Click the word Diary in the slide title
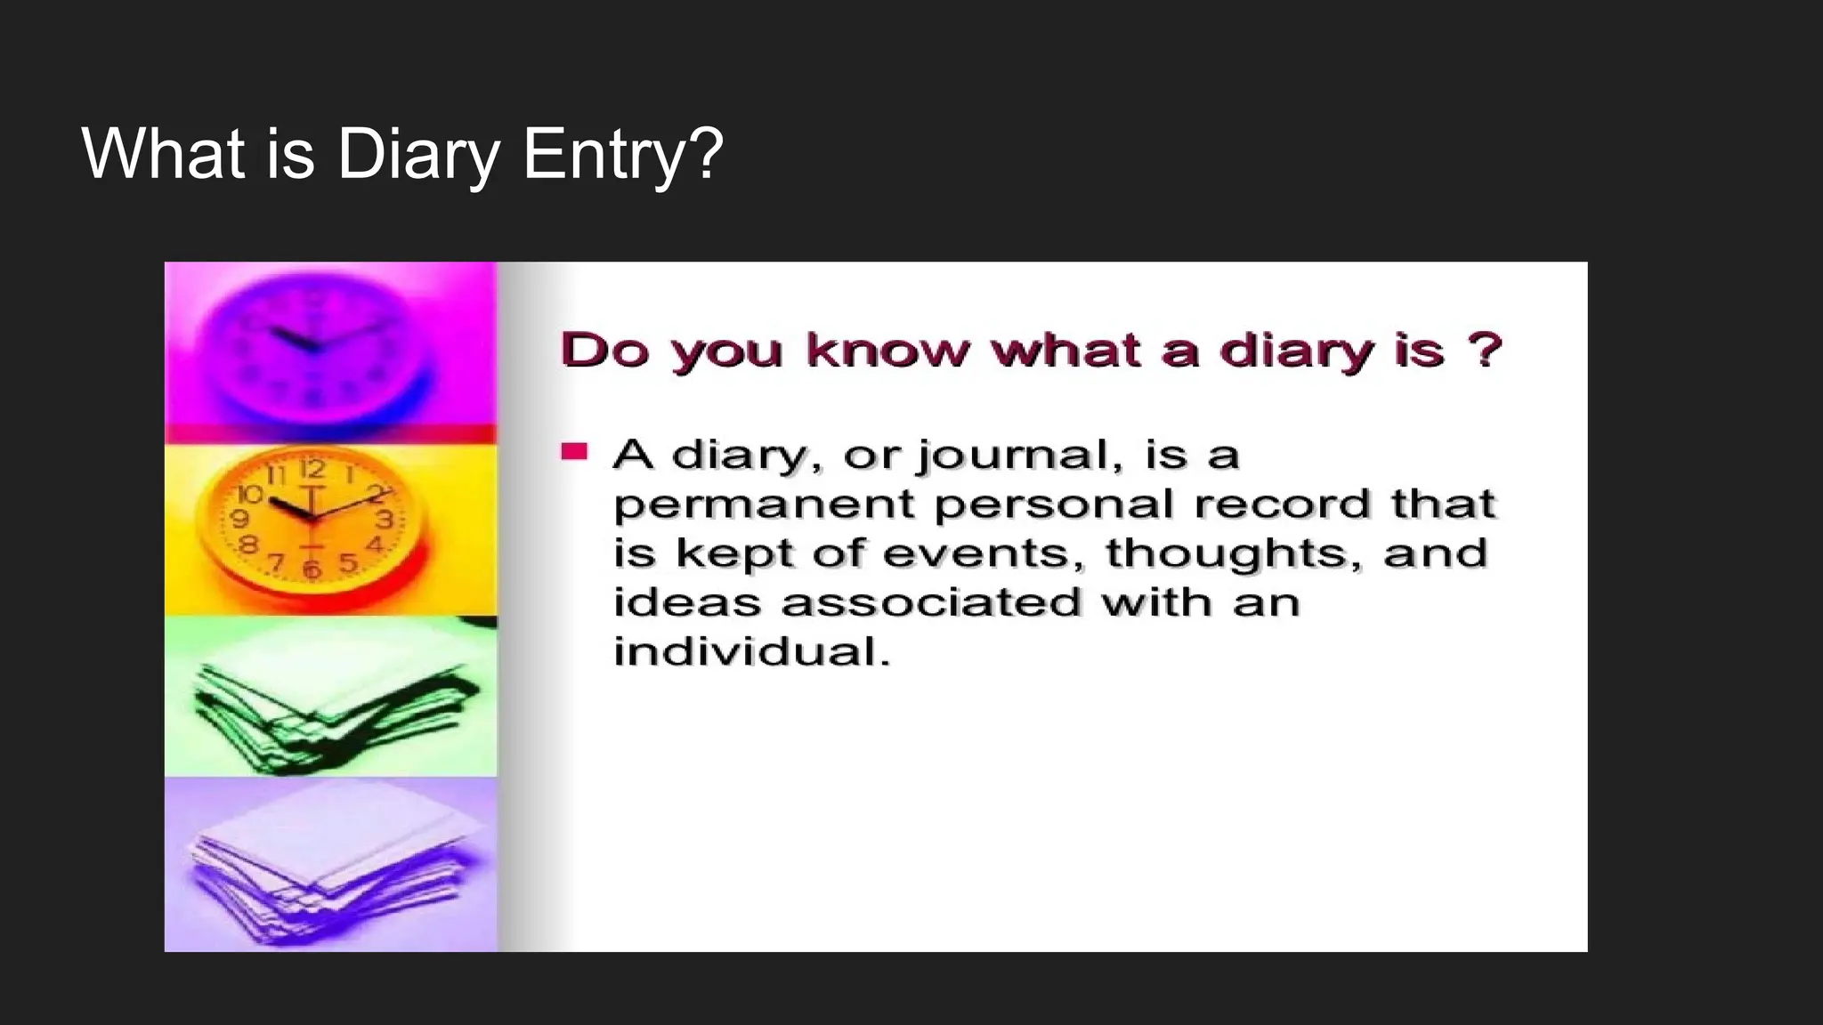pyautogui.click(x=418, y=155)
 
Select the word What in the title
pyautogui.click(x=163, y=155)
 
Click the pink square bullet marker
pyautogui.click(x=574, y=451)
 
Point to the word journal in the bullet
pyautogui.click(x=1015, y=456)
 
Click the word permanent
pyautogui.click(x=764, y=505)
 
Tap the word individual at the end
pyautogui.click(x=750, y=652)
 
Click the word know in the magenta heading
pyautogui.click(x=887, y=350)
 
